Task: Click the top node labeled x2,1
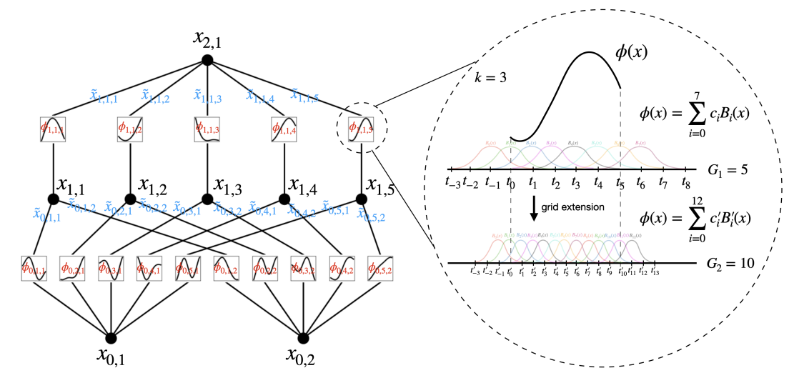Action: (207, 59)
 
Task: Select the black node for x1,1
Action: (53, 199)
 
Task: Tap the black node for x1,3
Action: (207, 199)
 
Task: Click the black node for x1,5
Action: (362, 199)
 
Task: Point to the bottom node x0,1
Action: (111, 337)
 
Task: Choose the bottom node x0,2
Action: (303, 337)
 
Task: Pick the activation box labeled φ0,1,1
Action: (34, 268)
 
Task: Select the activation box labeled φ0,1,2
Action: (227, 268)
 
